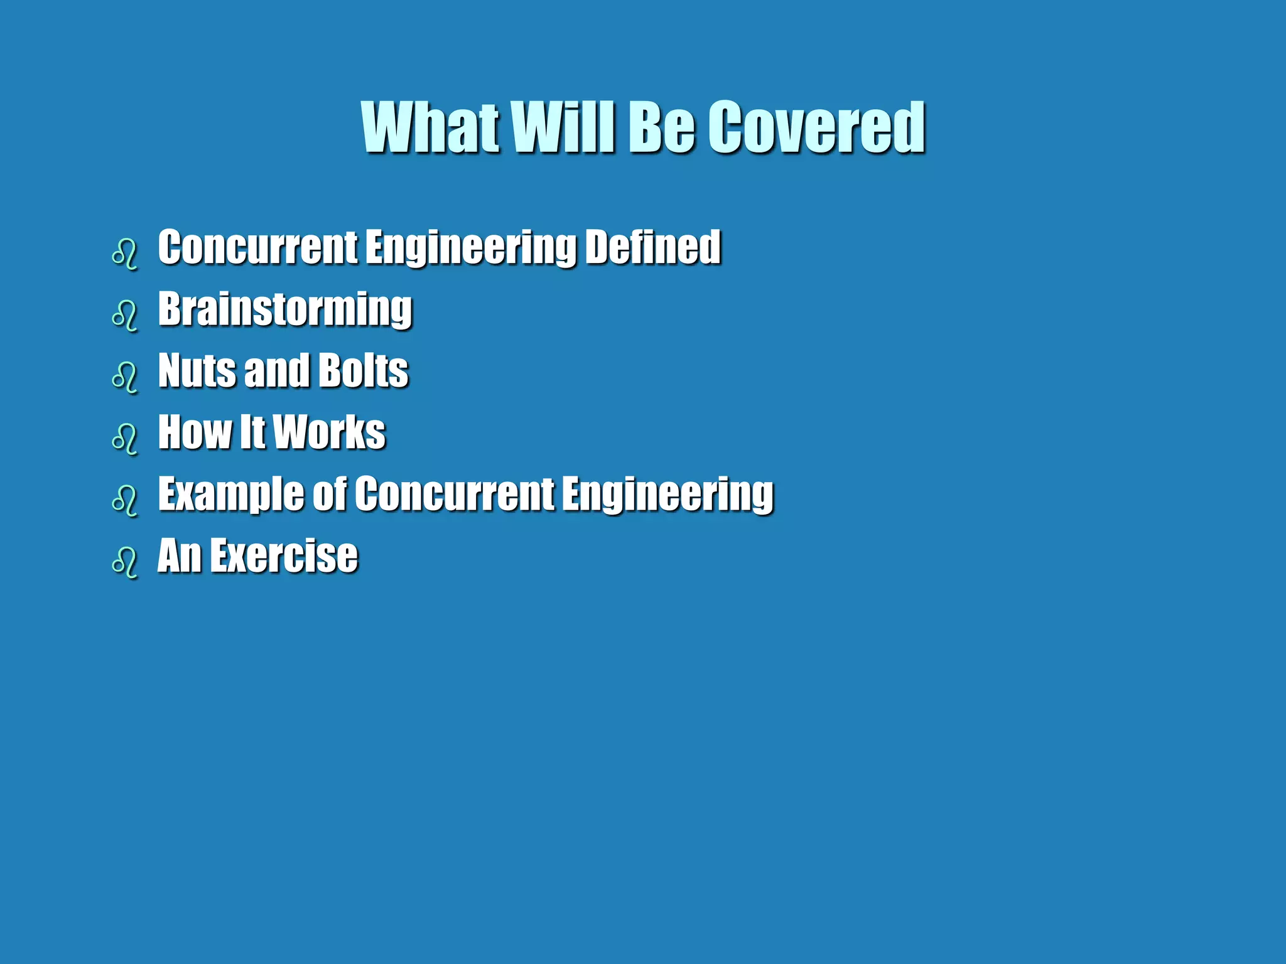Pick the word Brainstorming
click(x=285, y=309)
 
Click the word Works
click(x=330, y=432)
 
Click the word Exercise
click(x=284, y=555)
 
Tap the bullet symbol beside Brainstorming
click(x=124, y=316)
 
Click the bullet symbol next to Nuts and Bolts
click(x=124, y=377)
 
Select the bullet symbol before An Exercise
click(x=124, y=562)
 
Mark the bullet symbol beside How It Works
click(x=124, y=439)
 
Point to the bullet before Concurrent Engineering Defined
click(x=124, y=254)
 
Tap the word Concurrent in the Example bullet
click(x=454, y=494)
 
